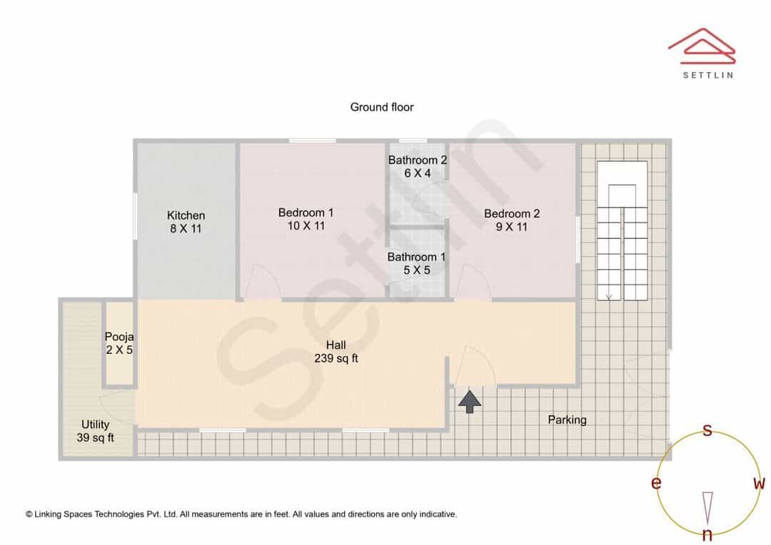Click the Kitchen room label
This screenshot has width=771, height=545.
point(186,215)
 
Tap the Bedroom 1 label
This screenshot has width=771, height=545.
point(306,213)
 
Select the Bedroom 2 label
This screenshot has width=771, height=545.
point(512,214)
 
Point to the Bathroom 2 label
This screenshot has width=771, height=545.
point(418,161)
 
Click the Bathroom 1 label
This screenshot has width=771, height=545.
point(416,257)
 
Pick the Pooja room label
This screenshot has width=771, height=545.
point(119,337)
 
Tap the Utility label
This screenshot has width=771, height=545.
point(96,424)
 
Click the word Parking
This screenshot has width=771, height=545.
point(568,420)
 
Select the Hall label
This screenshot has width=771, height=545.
point(336,345)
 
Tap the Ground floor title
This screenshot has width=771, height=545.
point(382,107)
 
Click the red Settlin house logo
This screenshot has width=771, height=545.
point(702,46)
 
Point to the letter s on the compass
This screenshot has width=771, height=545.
point(707,430)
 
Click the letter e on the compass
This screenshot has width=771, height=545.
point(656,483)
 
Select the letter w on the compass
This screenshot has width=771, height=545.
point(759,483)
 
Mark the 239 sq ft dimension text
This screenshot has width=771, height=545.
point(336,359)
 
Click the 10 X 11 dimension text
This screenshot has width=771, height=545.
point(306,226)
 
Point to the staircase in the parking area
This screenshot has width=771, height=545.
point(622,230)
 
